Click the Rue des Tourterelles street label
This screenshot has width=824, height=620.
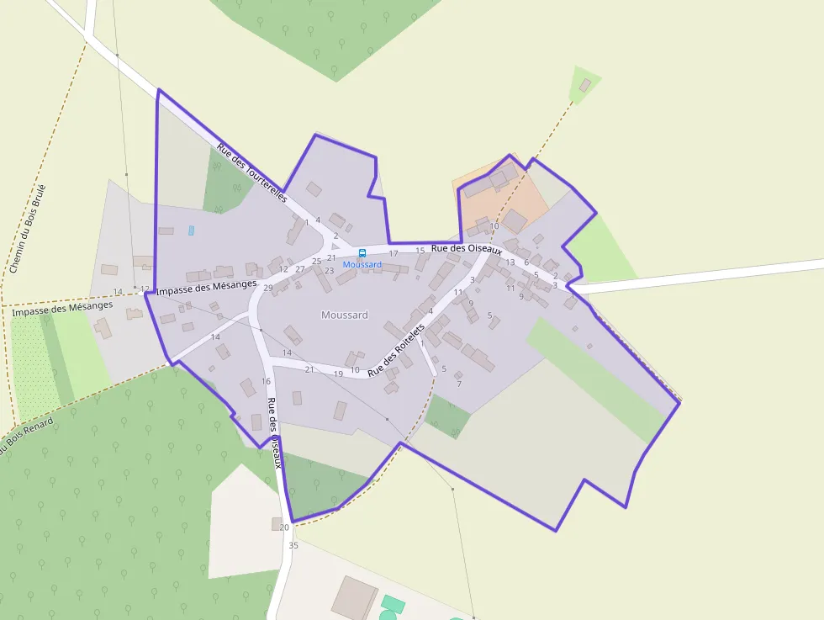[x=251, y=173]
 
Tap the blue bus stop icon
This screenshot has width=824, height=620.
[x=362, y=253]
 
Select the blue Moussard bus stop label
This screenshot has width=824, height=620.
[x=362, y=265]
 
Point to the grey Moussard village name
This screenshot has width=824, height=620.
[x=345, y=315]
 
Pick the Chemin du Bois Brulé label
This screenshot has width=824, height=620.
[x=27, y=228]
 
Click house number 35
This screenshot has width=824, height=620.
[x=293, y=546]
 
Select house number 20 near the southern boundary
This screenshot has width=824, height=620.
[x=284, y=527]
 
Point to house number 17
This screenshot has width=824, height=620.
[x=394, y=253]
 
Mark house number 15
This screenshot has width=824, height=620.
[x=420, y=251]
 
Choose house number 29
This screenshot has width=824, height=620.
[x=268, y=289]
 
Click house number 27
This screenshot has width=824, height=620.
[x=300, y=269]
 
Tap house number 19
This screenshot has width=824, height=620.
[x=338, y=374]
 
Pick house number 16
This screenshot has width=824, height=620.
[x=266, y=382]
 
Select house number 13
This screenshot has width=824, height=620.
[x=510, y=262]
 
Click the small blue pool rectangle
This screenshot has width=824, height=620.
[x=192, y=230]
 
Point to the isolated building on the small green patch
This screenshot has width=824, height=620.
[x=585, y=85]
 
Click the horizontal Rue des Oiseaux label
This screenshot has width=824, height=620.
[x=466, y=249]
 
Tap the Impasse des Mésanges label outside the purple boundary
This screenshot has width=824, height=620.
[x=62, y=308]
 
